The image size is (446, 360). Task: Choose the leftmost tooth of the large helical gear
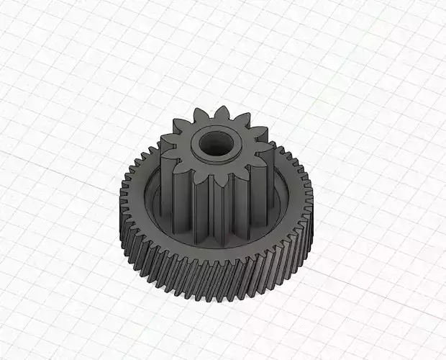118,194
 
